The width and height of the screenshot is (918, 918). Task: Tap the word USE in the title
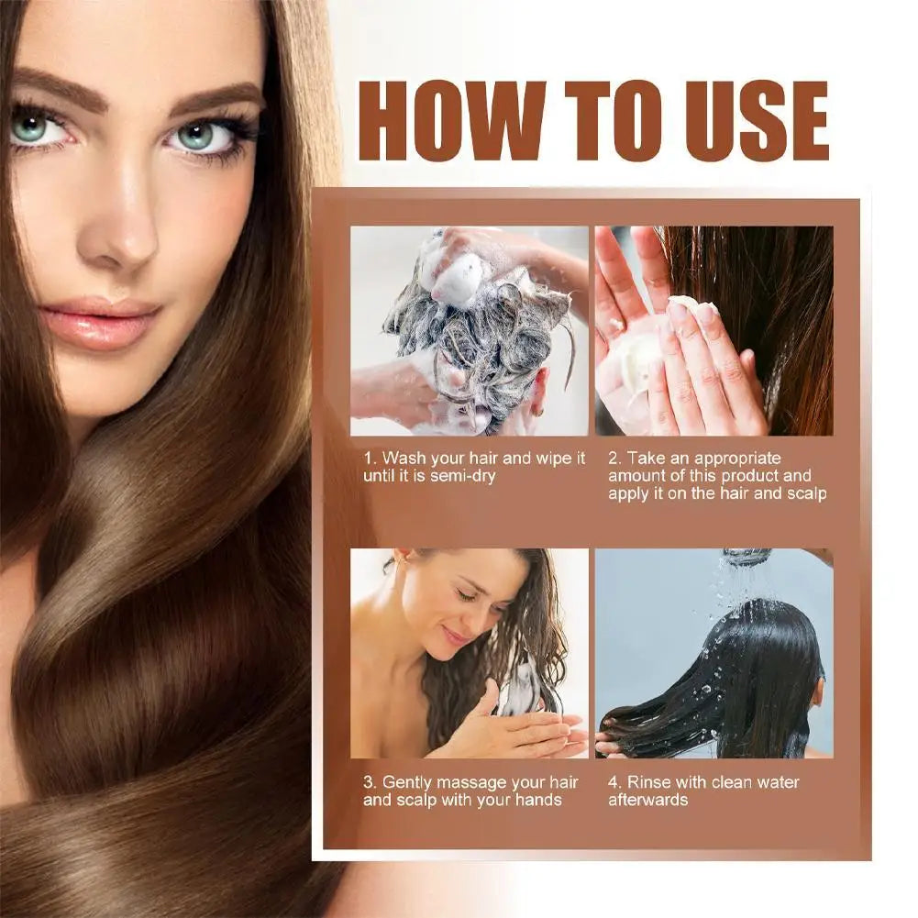tap(744, 123)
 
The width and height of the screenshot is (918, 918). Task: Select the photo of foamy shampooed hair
tap(469, 330)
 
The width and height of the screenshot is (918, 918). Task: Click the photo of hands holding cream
tap(713, 330)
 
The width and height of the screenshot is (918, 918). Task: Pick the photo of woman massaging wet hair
tap(469, 653)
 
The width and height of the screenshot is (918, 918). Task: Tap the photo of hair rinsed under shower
tap(713, 653)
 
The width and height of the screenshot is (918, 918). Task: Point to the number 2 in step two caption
tap(614, 458)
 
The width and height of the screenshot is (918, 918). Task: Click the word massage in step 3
tap(483, 782)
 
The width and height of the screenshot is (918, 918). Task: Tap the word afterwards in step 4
tap(648, 800)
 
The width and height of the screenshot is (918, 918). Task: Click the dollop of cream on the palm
tap(683, 305)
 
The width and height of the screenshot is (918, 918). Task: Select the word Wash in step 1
tap(401, 458)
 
